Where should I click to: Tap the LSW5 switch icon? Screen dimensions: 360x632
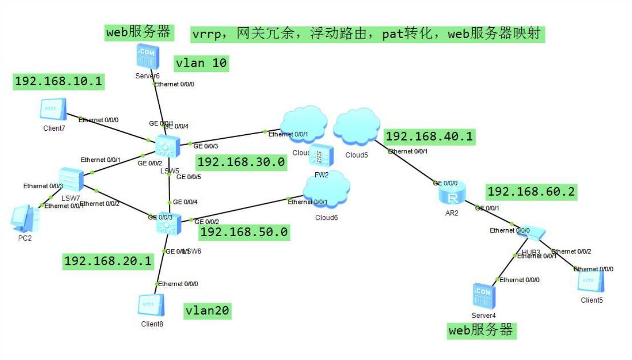click(167, 147)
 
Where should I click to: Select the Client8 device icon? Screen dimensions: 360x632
click(151, 306)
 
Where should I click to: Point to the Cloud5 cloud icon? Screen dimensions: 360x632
click(356, 128)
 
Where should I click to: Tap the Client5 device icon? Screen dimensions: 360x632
click(590, 281)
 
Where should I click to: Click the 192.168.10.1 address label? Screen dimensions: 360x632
click(58, 82)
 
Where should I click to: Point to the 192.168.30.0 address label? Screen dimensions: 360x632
click(241, 162)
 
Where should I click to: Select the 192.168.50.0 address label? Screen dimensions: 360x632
click(244, 232)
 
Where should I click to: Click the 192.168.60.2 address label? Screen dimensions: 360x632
click(532, 192)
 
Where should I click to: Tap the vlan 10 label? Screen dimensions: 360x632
click(201, 63)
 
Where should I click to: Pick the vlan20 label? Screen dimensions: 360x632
click(207, 311)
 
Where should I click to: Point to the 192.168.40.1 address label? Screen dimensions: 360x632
click(430, 136)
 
